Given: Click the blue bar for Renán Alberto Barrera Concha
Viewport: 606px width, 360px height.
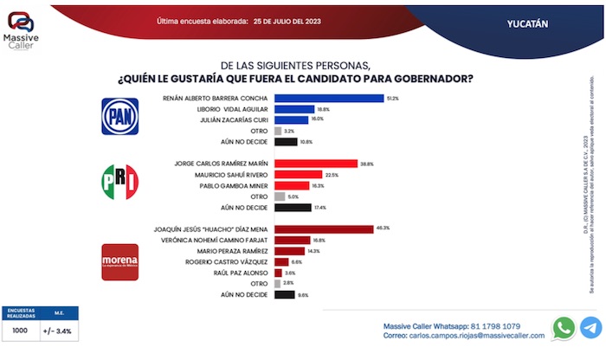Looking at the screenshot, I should [x=329, y=99].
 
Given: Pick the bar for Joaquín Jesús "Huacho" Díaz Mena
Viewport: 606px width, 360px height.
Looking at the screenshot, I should [x=324, y=228].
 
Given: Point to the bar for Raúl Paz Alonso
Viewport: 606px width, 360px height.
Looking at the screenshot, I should [x=278, y=273].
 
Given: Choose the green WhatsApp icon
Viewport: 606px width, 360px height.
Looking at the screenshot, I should [x=564, y=327].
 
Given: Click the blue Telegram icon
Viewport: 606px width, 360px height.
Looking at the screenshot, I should [x=590, y=327].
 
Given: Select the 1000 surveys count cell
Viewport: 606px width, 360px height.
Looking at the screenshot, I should [x=19, y=330].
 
